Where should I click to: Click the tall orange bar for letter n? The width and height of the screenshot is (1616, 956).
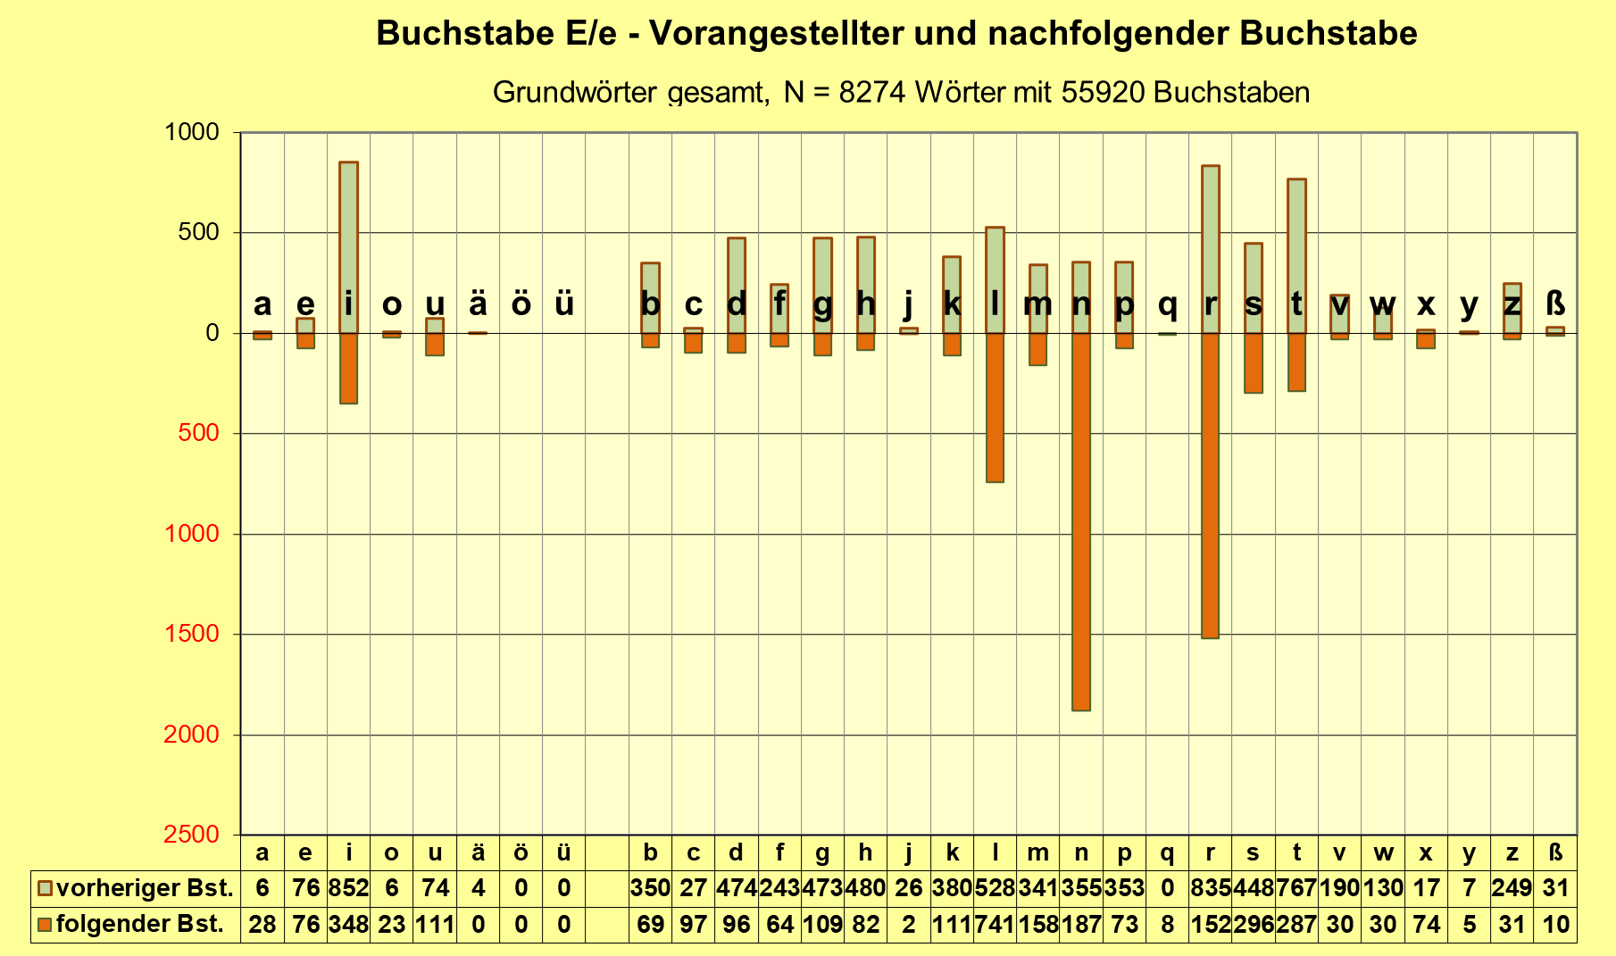pyautogui.click(x=1081, y=521)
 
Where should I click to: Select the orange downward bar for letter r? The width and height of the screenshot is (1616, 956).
pyautogui.click(x=1211, y=486)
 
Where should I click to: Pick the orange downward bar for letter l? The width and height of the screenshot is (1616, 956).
pyautogui.click(x=995, y=407)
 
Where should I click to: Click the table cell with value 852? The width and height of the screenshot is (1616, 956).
pyautogui.click(x=348, y=888)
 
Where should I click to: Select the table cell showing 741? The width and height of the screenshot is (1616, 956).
pyautogui.click(x=995, y=924)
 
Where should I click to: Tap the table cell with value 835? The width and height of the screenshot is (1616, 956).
pyautogui.click(x=1211, y=888)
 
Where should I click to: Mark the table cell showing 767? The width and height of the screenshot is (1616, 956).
pyautogui.click(x=1296, y=888)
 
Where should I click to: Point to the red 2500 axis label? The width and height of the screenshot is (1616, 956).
pyautogui.click(x=191, y=834)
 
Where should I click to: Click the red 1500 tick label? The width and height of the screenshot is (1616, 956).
pyautogui.click(x=191, y=634)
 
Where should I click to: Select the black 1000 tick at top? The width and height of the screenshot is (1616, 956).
pyautogui.click(x=191, y=132)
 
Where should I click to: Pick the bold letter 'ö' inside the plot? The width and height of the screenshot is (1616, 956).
pyautogui.click(x=521, y=304)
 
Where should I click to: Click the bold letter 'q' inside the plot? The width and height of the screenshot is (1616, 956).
pyautogui.click(x=1167, y=304)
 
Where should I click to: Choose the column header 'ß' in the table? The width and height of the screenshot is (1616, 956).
pyautogui.click(x=1555, y=852)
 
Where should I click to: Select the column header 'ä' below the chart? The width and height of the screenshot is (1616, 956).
pyautogui.click(x=478, y=852)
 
